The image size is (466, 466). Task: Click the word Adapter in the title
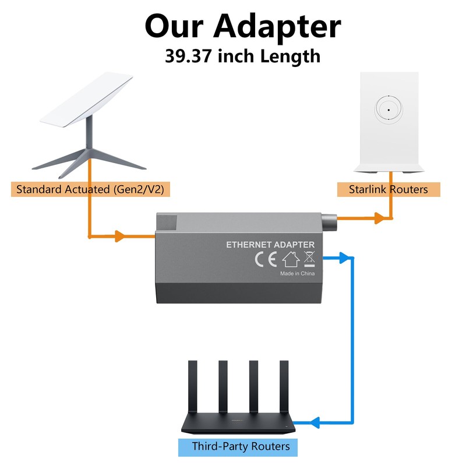point(277,26)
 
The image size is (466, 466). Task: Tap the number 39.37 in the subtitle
point(188,56)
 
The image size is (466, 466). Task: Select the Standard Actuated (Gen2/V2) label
point(90,189)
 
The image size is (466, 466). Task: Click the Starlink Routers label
point(389,189)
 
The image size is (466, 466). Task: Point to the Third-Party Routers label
point(241,446)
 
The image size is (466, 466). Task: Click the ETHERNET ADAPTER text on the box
point(270,245)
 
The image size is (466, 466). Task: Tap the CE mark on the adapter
point(266,259)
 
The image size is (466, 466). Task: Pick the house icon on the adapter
point(291,259)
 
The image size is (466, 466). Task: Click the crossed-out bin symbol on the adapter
point(309,259)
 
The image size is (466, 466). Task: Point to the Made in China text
point(297,273)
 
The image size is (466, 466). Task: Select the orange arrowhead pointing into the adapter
point(121,236)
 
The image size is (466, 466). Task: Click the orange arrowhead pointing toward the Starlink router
point(380,218)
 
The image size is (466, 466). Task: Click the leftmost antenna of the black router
point(193,386)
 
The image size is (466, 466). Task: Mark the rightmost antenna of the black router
point(284,386)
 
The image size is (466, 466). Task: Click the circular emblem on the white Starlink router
point(389,110)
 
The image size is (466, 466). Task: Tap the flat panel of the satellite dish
point(86,100)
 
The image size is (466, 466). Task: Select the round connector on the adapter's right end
point(329,223)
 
